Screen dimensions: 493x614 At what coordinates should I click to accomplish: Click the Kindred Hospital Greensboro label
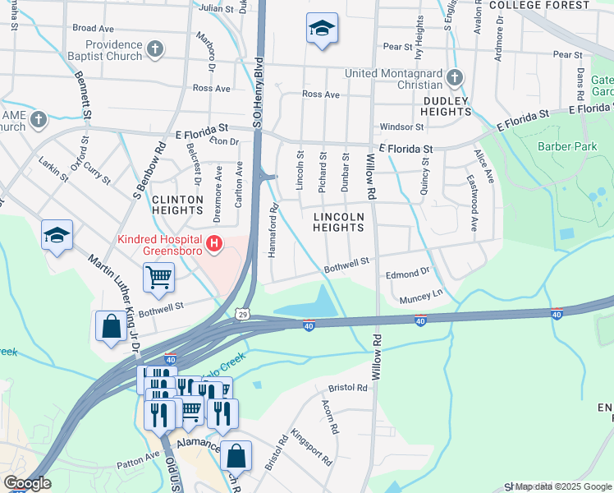[160, 245]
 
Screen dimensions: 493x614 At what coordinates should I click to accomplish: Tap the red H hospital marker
[214, 244]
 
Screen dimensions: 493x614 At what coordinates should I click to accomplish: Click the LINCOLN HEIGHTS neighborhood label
[338, 222]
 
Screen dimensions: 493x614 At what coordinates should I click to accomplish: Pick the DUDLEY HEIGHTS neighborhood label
[446, 108]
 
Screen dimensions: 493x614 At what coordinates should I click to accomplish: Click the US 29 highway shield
[241, 314]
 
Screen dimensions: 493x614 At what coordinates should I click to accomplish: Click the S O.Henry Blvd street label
[257, 90]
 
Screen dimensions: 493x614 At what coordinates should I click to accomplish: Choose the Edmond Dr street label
[408, 271]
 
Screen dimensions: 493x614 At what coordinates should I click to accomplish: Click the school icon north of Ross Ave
[322, 29]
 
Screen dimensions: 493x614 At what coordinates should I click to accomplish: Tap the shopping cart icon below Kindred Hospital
[158, 277]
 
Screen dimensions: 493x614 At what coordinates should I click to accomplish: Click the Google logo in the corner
[26, 484]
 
